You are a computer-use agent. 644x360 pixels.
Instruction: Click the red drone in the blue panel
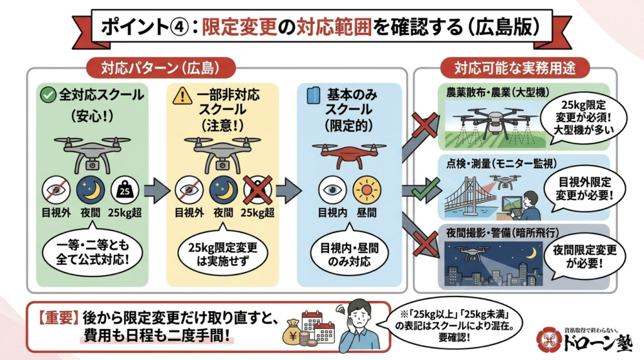click(349, 155)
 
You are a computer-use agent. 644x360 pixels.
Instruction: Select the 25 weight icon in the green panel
click(125, 190)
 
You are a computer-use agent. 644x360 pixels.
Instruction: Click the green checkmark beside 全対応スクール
click(48, 95)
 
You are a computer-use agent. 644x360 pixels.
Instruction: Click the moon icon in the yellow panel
click(223, 190)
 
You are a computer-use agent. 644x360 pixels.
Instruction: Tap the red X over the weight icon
click(257, 190)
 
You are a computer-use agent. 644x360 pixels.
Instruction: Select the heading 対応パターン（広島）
click(160, 68)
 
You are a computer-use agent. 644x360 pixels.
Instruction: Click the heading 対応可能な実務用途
click(515, 68)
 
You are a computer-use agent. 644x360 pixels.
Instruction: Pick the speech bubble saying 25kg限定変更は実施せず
click(223, 254)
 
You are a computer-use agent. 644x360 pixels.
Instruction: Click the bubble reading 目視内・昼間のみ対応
click(349, 254)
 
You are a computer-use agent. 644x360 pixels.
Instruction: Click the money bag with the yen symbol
click(294, 332)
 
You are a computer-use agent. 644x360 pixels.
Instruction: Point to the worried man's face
click(358, 318)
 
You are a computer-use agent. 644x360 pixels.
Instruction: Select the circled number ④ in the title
click(179, 28)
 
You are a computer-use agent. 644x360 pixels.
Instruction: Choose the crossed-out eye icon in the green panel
click(56, 190)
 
